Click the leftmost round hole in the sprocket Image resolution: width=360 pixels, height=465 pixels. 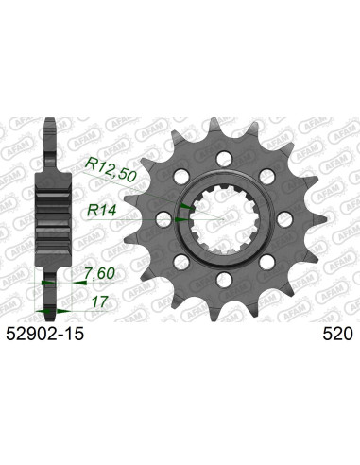point(163,218)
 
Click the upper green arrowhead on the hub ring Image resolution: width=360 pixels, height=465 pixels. point(185,205)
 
